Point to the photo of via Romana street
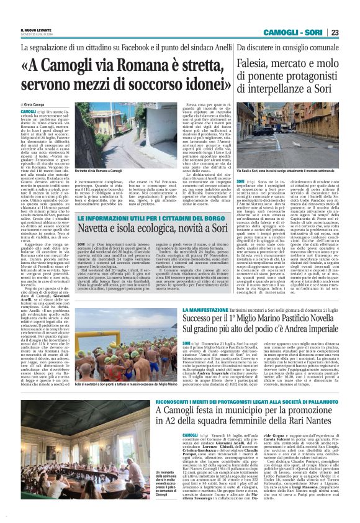[100, 140]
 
